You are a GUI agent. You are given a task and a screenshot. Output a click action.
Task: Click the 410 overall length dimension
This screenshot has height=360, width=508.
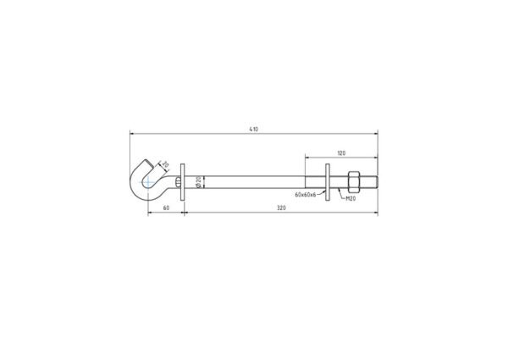pyautogui.click(x=253, y=129)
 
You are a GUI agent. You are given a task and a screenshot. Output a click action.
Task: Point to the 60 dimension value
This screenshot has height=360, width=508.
pyautogui.click(x=166, y=208)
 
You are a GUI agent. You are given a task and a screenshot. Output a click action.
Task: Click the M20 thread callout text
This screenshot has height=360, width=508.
pyautogui.click(x=351, y=199)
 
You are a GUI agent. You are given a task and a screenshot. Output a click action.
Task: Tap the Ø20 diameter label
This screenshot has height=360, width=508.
pyautogui.click(x=197, y=181)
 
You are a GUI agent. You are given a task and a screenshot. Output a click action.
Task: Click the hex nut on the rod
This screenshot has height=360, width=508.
pyautogui.click(x=353, y=181)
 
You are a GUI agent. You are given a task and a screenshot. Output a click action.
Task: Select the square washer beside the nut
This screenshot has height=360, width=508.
pyautogui.click(x=329, y=181)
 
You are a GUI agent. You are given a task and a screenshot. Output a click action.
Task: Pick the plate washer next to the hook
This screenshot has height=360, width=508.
pyautogui.click(x=184, y=181)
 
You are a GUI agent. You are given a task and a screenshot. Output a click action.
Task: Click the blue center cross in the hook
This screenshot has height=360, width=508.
pyautogui.click(x=148, y=181)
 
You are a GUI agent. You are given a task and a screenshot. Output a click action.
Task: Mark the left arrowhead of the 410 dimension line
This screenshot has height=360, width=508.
pyautogui.click(x=132, y=133)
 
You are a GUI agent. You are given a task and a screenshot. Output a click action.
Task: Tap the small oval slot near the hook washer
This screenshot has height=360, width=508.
pyautogui.click(x=175, y=181)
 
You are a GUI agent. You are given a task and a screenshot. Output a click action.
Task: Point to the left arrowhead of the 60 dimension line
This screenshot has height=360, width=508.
pyautogui.click(x=150, y=212)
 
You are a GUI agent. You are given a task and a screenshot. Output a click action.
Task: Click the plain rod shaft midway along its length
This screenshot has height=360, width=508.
pyautogui.click(x=254, y=181)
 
